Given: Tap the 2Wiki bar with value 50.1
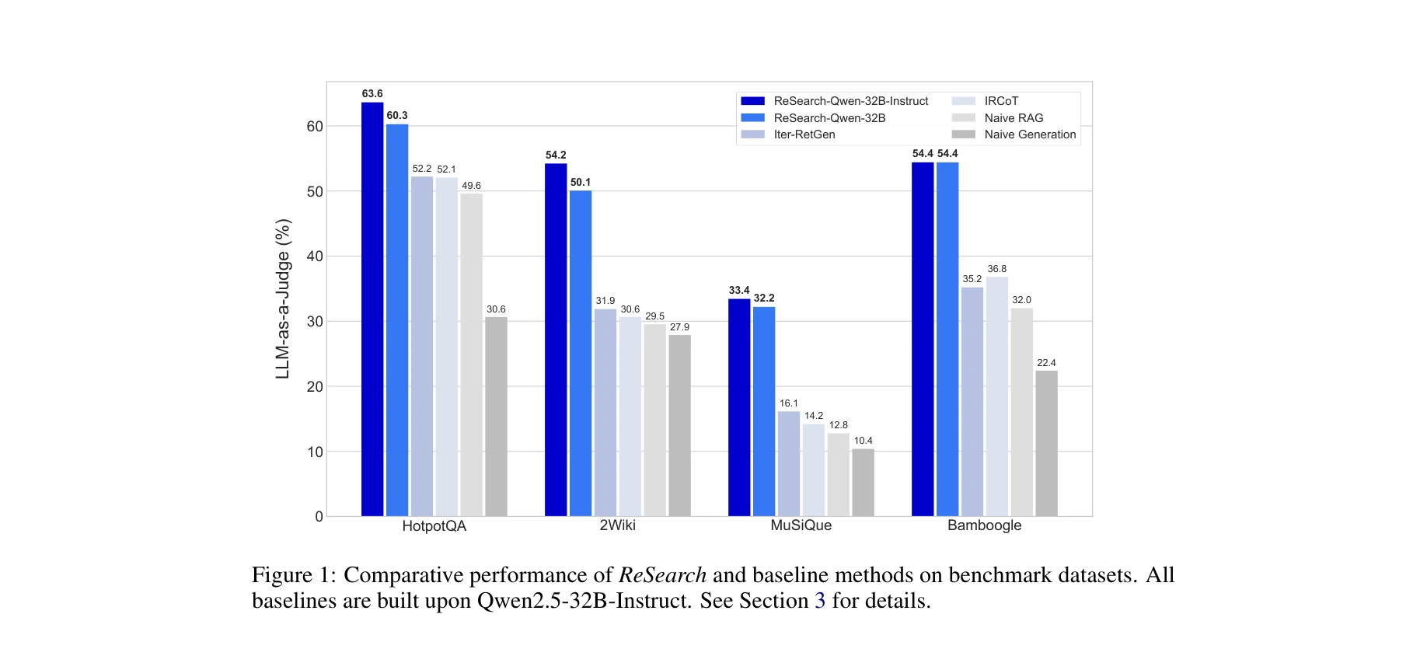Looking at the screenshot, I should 581,353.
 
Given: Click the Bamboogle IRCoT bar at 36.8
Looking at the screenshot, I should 997,396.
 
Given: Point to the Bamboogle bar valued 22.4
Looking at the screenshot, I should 1046,443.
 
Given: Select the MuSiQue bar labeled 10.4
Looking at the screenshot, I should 863,482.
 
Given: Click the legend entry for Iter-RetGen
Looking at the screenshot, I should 804,134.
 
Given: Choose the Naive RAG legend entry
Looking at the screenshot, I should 1014,118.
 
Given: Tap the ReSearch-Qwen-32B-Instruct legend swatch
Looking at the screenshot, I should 752,101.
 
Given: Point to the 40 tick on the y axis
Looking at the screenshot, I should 315,256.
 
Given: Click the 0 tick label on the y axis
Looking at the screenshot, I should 319,517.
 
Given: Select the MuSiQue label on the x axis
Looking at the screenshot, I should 801,525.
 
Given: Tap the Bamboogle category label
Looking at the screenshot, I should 984,525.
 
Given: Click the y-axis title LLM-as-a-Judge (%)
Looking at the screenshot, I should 283,299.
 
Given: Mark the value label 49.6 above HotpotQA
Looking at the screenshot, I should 471,186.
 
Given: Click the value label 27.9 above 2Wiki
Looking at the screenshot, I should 679,327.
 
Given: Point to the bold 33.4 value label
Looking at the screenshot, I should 739,291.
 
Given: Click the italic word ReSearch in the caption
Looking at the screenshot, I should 662,575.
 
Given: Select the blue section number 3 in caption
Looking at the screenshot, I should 820,601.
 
